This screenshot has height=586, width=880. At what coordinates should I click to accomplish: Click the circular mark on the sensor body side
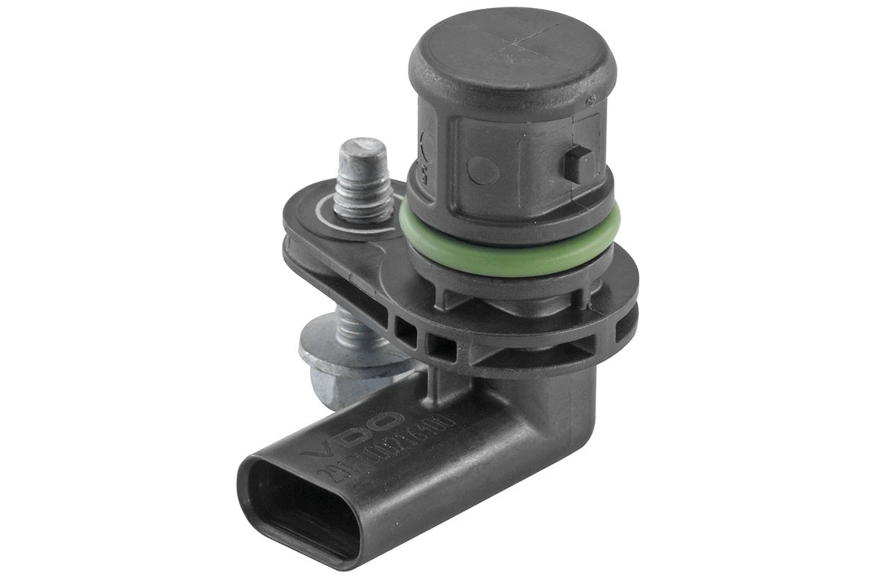click(483, 170)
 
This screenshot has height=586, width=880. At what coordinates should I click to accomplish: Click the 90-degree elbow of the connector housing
click(543, 410)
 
